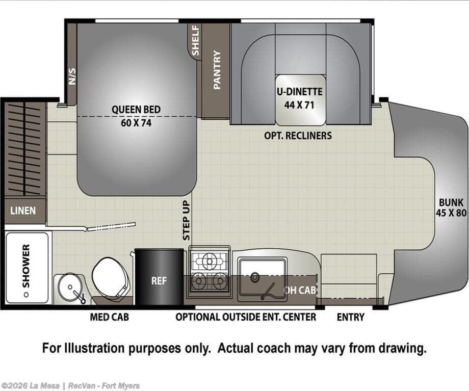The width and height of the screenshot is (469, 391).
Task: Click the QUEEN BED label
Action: click(x=136, y=110)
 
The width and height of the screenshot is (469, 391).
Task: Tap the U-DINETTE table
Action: click(x=300, y=100)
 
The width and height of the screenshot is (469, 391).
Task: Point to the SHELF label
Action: click(x=195, y=40)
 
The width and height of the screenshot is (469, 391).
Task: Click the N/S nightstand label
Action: click(x=72, y=76)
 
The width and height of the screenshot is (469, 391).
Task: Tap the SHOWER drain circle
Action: click(x=27, y=295)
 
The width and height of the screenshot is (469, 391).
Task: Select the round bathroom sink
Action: click(x=70, y=287)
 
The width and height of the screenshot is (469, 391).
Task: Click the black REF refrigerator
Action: click(x=159, y=277)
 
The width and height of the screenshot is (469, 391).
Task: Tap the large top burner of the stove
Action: click(x=210, y=261)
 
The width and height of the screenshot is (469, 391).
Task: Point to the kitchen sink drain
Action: click(x=255, y=277)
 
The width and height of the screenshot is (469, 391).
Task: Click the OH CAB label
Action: click(x=299, y=290)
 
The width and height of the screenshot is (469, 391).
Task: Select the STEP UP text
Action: click(x=187, y=221)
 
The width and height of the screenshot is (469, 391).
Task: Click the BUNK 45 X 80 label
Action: click(x=451, y=207)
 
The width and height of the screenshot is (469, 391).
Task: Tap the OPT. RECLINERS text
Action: click(x=298, y=136)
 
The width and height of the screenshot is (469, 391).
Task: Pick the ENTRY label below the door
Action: click(x=351, y=317)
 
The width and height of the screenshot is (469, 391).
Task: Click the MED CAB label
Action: click(x=110, y=317)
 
